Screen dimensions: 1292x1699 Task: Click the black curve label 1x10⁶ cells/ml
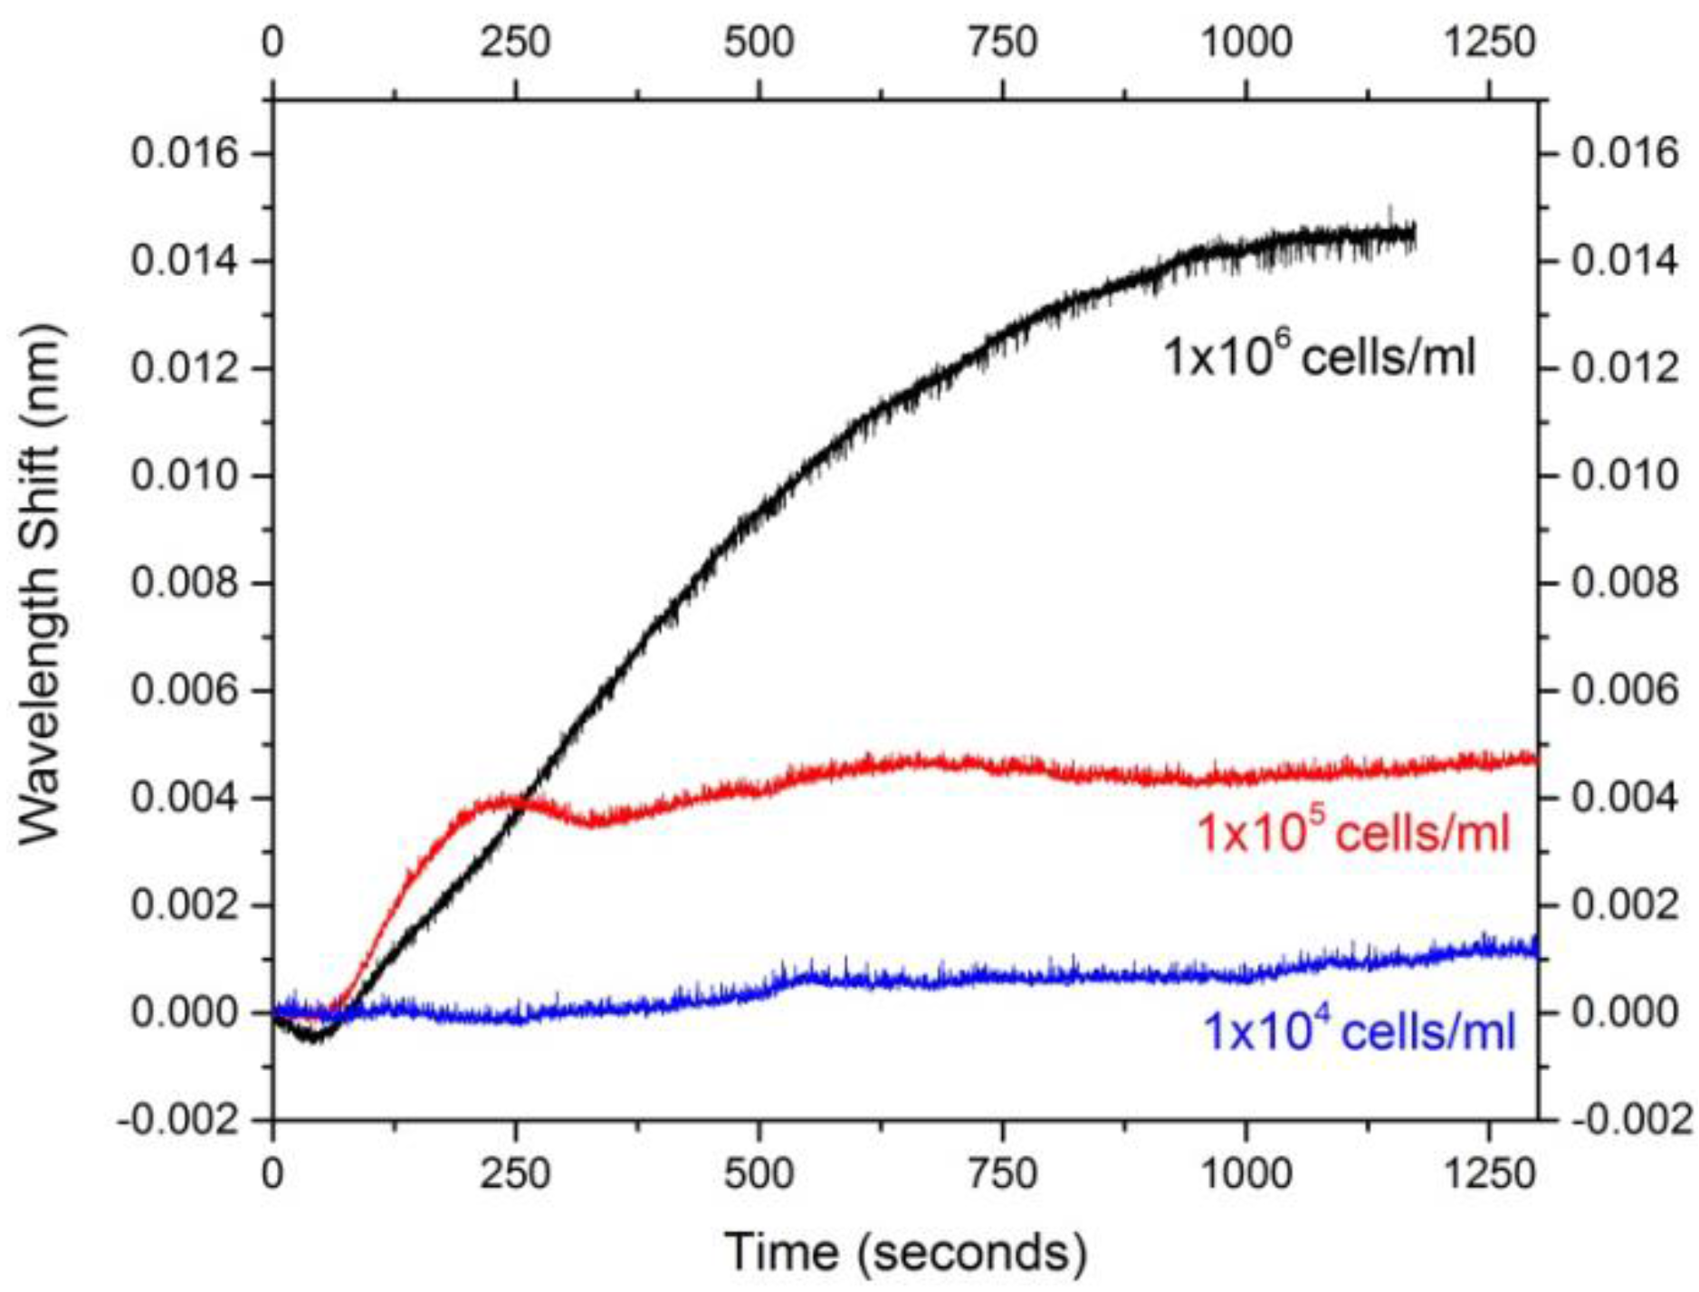pyautogui.click(x=1319, y=356)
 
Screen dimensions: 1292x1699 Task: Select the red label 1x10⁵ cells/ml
pyautogui.click(x=1353, y=831)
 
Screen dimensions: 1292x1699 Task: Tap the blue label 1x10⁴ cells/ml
pyautogui.click(x=1358, y=1031)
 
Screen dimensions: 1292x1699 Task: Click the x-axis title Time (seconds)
pyautogui.click(x=905, y=1252)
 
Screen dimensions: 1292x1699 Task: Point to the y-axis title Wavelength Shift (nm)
pyautogui.click(x=41, y=583)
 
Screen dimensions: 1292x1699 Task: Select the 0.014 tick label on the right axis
pyautogui.click(x=1625, y=261)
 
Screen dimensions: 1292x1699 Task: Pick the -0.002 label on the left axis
pyautogui.click(x=181, y=1120)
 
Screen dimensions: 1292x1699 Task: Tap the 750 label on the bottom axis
pyautogui.click(x=1002, y=1174)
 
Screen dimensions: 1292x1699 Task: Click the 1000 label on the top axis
pyautogui.click(x=1246, y=43)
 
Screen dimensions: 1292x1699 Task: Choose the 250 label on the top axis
pyautogui.click(x=515, y=43)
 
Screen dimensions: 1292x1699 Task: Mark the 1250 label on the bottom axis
pyautogui.click(x=1489, y=1174)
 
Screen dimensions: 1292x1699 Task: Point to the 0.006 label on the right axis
pyautogui.click(x=1625, y=690)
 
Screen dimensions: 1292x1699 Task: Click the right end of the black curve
pyautogui.click(x=1413, y=234)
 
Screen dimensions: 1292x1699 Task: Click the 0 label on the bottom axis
pyautogui.click(x=272, y=1174)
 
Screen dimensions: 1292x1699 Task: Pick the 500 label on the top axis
pyautogui.click(x=759, y=43)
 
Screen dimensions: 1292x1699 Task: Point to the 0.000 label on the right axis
pyautogui.click(x=1625, y=1011)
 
